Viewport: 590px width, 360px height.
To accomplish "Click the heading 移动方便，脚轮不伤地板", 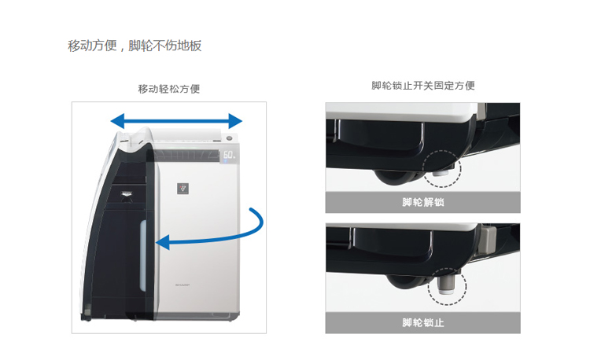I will pos(135,46).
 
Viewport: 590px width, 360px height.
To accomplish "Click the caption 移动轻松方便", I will pos(169,89).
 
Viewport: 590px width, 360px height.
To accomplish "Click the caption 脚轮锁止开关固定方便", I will pos(423,86).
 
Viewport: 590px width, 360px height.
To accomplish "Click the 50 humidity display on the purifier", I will pos(229,156).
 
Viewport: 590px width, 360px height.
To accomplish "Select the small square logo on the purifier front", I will pos(183,189).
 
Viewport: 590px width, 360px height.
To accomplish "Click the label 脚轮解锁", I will pos(423,203).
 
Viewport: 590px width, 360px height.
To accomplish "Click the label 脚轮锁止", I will pos(423,323).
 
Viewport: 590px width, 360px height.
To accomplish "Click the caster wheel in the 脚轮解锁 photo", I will pos(389,178).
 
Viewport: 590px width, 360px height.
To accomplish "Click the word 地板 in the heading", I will pos(190,46).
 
